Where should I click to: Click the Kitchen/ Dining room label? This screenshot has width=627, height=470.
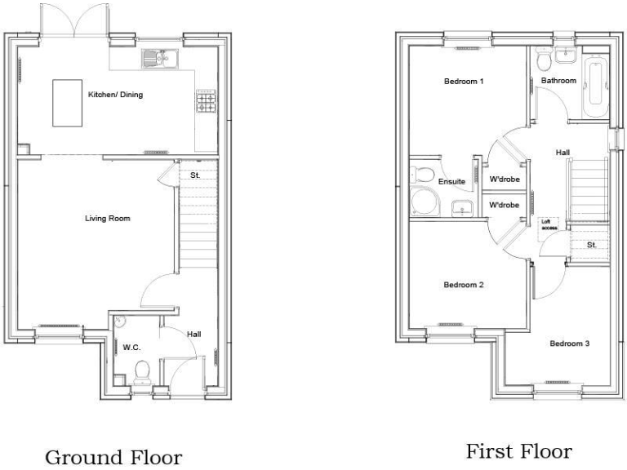pyautogui.click(x=116, y=95)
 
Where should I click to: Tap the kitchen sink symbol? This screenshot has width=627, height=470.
pyautogui.click(x=160, y=59)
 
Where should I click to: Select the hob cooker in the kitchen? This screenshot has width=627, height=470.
pyautogui.click(x=207, y=100)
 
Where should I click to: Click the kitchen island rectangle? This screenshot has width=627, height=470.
pyautogui.click(x=67, y=103)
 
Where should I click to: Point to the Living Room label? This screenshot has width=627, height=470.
pyautogui.click(x=108, y=218)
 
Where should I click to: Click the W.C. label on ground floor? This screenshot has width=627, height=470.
pyautogui.click(x=131, y=348)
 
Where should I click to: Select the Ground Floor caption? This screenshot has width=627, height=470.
pyautogui.click(x=113, y=457)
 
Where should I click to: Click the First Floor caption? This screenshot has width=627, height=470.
pyautogui.click(x=519, y=451)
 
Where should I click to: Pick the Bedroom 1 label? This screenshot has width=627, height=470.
pyautogui.click(x=464, y=81)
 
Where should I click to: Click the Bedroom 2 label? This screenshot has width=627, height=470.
pyautogui.click(x=464, y=285)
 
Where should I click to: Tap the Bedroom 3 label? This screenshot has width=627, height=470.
pyautogui.click(x=569, y=344)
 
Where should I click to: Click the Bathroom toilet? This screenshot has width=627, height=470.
pyautogui.click(x=544, y=59)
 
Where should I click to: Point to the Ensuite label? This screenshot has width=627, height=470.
pyautogui.click(x=451, y=181)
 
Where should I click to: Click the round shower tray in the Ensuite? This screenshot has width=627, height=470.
pyautogui.click(x=425, y=202)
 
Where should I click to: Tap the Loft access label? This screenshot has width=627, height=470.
pyautogui.click(x=549, y=224)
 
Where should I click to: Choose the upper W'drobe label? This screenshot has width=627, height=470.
pyautogui.click(x=505, y=179)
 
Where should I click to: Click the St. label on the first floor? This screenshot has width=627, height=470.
pyautogui.click(x=592, y=245)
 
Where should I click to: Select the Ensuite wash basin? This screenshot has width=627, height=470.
pyautogui.click(x=462, y=208)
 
